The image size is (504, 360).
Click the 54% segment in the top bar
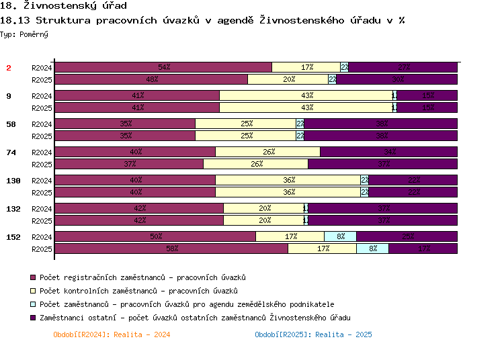[x=163, y=67]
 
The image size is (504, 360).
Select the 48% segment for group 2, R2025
[x=151, y=79]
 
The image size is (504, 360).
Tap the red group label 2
[x=9, y=68]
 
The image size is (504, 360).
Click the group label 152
[x=13, y=237]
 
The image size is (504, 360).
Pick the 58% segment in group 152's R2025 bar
[x=171, y=249]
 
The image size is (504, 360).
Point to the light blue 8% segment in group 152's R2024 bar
[x=340, y=236]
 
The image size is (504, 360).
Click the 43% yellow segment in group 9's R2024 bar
[x=306, y=95]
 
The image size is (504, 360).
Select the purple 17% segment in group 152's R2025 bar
[x=423, y=249]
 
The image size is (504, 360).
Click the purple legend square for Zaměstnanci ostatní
[x=32, y=318]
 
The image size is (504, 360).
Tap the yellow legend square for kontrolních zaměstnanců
[x=32, y=291]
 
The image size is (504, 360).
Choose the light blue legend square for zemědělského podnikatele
[x=32, y=304]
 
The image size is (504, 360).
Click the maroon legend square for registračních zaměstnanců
[x=32, y=277]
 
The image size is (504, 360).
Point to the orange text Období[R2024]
[x=112, y=334]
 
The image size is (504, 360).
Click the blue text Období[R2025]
[x=313, y=334]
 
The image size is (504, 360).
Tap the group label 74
[x=11, y=152]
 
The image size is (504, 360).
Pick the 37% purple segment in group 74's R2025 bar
[x=383, y=164]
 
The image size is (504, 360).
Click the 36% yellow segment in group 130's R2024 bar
[x=288, y=180]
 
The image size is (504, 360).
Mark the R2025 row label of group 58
[x=42, y=136]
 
